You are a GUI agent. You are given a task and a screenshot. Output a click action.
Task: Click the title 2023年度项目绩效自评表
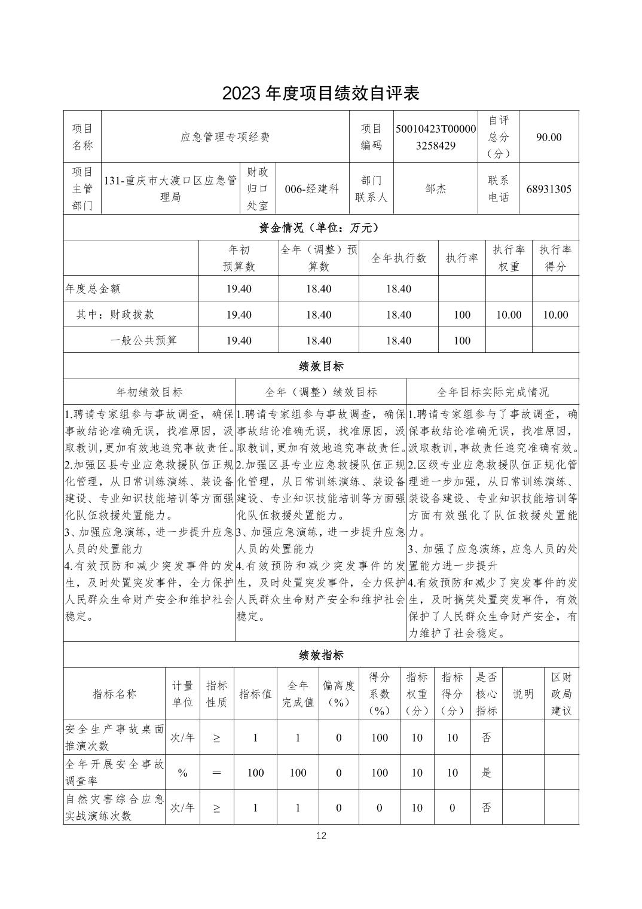click(321, 93)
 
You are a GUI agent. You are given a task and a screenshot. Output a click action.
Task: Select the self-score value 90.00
click(548, 137)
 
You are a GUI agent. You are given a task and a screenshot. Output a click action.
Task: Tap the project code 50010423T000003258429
click(436, 137)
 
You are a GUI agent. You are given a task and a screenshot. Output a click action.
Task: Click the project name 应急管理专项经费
click(225, 137)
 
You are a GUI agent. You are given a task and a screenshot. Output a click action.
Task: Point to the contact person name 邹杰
click(436, 189)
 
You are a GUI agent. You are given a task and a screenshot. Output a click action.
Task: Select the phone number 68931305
click(548, 189)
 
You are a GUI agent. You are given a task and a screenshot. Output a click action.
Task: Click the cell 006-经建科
click(311, 189)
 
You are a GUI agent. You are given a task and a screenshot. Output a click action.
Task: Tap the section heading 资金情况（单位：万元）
click(320, 228)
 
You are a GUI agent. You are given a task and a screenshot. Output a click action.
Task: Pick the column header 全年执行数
click(399, 258)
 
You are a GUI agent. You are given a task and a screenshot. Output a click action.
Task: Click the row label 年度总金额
click(93, 289)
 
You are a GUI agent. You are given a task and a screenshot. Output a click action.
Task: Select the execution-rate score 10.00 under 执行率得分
click(555, 315)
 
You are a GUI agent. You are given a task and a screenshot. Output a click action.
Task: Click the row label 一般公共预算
click(143, 340)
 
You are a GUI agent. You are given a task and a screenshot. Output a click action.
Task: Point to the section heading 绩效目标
click(321, 366)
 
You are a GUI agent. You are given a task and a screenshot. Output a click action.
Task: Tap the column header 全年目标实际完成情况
click(493, 392)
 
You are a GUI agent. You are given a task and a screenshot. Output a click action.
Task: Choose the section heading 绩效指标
click(321, 655)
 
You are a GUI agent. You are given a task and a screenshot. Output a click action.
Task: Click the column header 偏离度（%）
click(338, 694)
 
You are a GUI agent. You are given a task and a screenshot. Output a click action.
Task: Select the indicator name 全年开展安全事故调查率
click(114, 772)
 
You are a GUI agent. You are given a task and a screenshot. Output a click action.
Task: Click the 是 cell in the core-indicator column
click(487, 772)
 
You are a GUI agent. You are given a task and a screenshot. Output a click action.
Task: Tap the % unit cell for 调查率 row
click(183, 773)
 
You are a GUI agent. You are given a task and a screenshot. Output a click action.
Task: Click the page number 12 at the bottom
click(321, 835)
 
